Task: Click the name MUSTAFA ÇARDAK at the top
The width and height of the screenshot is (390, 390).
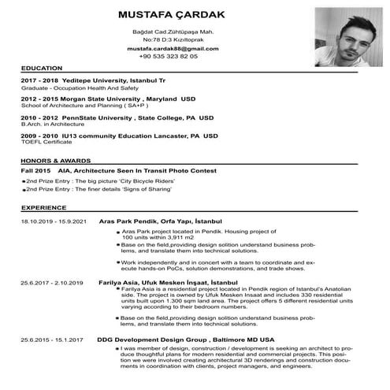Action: [168, 15]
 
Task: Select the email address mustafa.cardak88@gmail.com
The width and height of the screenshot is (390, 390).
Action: [168, 48]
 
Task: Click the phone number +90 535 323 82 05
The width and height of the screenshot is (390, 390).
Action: [168, 57]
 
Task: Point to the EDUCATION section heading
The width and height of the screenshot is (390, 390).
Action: [43, 69]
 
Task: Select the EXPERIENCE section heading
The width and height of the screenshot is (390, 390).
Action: [44, 207]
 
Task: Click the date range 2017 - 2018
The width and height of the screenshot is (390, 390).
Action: [40, 81]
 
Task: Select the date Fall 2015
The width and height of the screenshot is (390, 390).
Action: [36, 170]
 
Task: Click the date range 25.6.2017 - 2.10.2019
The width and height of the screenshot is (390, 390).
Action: [52, 281]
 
